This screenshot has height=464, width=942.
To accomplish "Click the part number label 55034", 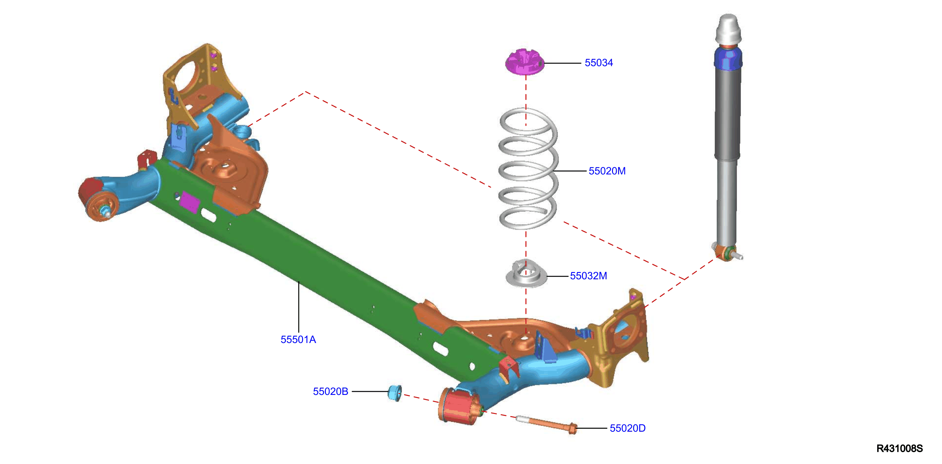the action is click(x=599, y=63).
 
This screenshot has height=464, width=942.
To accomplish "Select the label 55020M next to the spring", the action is click(x=607, y=171).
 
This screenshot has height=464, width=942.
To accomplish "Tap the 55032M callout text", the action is click(x=588, y=276).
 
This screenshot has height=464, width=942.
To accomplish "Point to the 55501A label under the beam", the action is click(x=298, y=340).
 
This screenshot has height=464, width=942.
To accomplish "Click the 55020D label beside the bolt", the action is click(x=627, y=428).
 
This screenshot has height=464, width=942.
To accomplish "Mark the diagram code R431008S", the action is click(x=900, y=448).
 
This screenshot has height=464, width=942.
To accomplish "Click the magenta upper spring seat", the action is click(x=525, y=62).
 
